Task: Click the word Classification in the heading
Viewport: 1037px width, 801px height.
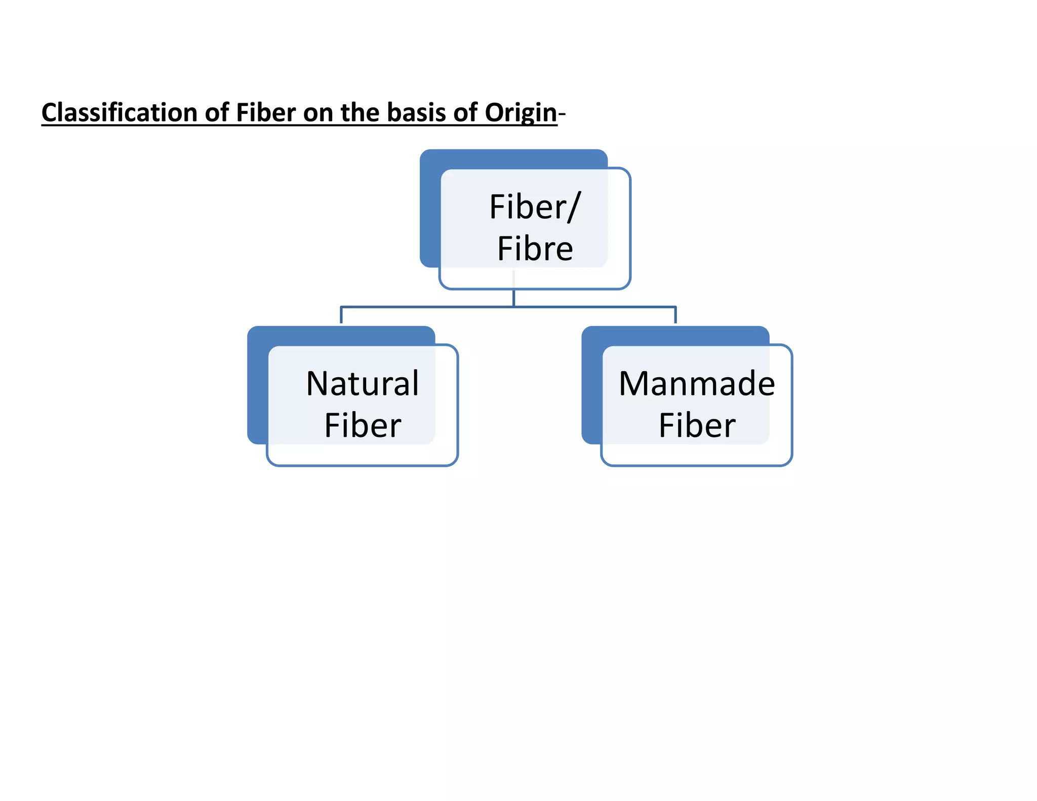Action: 119,112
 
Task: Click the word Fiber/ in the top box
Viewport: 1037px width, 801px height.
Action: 535,207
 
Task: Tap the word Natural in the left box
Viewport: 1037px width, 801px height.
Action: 363,383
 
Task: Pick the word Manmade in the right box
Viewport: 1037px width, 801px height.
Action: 697,383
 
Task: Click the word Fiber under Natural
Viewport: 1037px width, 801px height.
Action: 363,425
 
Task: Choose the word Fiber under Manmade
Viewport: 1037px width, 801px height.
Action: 697,425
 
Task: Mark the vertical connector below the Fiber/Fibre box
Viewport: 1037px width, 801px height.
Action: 513,298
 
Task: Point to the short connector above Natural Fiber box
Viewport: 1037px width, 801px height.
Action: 341,315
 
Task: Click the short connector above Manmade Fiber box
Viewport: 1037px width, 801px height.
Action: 675,315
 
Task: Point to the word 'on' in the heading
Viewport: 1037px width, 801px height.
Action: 318,112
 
